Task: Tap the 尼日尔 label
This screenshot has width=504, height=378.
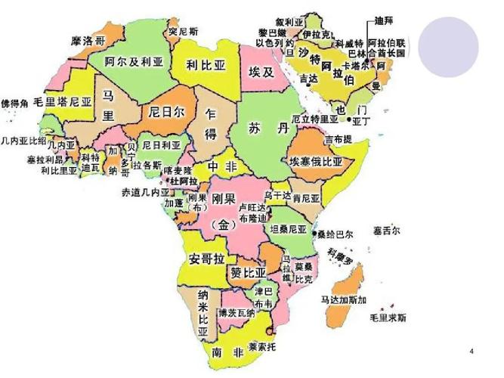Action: [165, 111]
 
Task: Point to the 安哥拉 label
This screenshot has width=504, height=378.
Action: [206, 258]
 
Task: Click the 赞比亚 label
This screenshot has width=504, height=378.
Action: [249, 271]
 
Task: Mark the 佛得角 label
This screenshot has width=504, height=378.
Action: [14, 101]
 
